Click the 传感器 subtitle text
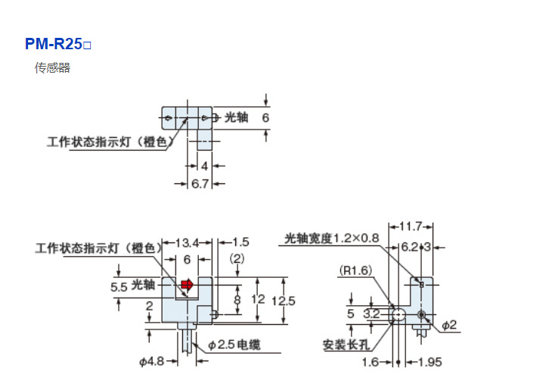(52, 68)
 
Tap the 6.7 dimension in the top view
(200, 184)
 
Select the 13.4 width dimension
(187, 242)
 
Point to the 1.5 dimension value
(240, 242)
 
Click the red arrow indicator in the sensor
(187, 285)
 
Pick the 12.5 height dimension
(284, 301)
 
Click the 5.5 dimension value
(119, 288)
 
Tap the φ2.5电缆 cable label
(234, 345)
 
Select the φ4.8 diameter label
(151, 361)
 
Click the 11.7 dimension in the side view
(411, 226)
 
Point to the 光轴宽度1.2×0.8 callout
(330, 239)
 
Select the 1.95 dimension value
(429, 362)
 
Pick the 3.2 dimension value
(371, 313)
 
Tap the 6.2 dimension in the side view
(409, 246)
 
